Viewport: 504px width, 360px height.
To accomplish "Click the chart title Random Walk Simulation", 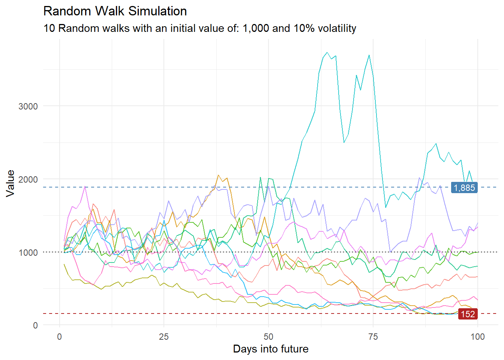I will pos(115,11).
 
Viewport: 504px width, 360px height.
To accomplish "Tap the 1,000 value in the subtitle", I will pos(256,28).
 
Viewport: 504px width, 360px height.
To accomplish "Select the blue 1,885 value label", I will pos(464,187).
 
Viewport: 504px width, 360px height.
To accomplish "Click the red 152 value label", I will pos(468,314).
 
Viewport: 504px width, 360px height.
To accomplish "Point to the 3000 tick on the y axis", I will pos(28,106).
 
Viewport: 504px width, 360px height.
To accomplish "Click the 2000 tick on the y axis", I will pos(28,179).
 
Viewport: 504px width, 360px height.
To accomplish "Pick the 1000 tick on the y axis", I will pos(28,252).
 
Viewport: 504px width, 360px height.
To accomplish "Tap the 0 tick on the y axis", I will pos(35,325).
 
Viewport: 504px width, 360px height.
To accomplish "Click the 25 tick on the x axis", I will pos(164,337).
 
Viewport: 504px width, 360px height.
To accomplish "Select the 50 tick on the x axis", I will pos(268,337).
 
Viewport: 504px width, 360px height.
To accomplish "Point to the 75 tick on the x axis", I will pos(373,337).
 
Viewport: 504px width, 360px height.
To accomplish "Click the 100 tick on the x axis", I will pos(477,337).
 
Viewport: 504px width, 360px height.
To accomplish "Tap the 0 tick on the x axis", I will pos(59,337).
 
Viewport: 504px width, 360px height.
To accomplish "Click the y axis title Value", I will pos(10,183).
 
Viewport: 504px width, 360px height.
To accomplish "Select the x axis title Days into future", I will pos(271,349).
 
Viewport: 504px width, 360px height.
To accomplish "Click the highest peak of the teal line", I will pos(327,52).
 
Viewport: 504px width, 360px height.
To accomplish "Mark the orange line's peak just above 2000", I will pos(218,175).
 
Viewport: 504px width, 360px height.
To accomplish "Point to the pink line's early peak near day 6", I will pos(85,186).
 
